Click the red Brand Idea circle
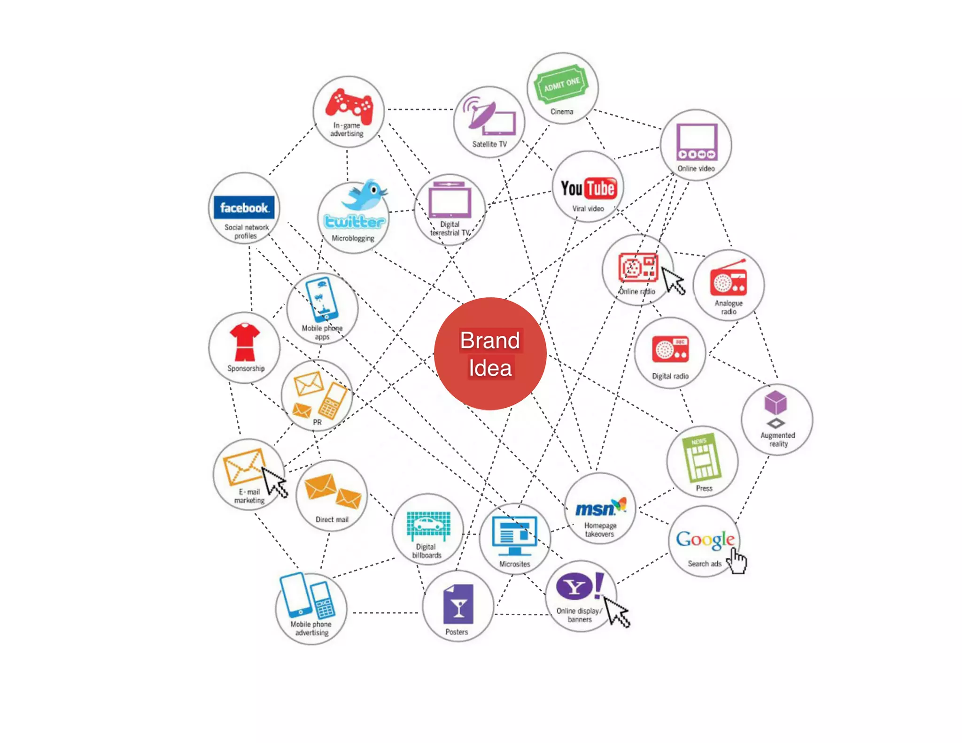point(490,354)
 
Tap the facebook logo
point(244,208)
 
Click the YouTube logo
point(588,188)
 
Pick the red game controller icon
point(349,105)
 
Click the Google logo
point(705,540)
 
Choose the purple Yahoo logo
point(579,586)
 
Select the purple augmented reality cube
point(776,402)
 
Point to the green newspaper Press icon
point(702,457)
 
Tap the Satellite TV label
point(489,144)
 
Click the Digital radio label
point(670,376)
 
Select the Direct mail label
point(332,519)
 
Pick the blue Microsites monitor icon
point(514,536)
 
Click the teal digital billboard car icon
point(428,525)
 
